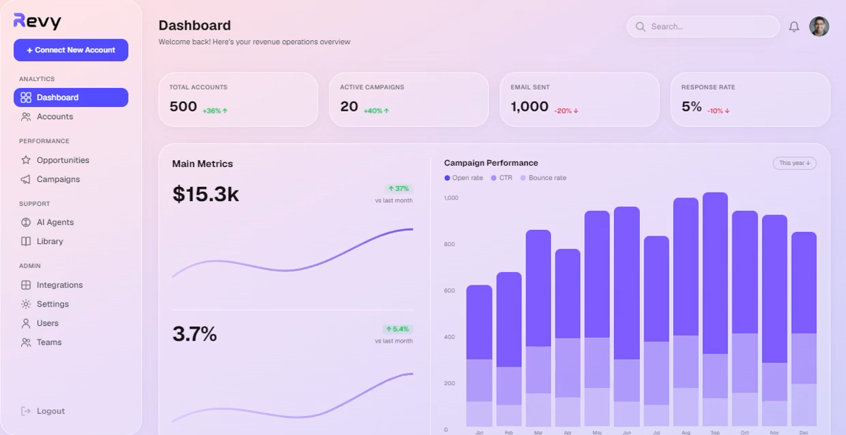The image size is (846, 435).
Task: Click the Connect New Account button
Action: tap(71, 50)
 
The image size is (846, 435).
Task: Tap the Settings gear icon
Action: tap(26, 304)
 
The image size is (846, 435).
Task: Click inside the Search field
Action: tap(703, 26)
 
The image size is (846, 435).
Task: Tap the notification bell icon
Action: tap(794, 26)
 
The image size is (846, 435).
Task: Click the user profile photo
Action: tap(819, 26)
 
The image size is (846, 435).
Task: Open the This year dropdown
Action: tap(794, 163)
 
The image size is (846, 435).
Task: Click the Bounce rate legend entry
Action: tap(543, 178)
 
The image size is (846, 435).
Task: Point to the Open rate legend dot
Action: tap(447, 178)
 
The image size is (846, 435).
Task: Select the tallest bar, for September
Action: tap(715, 310)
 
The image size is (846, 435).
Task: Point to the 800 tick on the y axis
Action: tap(449, 244)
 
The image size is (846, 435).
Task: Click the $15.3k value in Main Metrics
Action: tap(205, 194)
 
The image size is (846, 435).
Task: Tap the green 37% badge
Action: tap(399, 189)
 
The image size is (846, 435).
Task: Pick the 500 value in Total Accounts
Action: tap(183, 106)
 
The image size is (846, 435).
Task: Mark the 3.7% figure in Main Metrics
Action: tap(194, 334)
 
